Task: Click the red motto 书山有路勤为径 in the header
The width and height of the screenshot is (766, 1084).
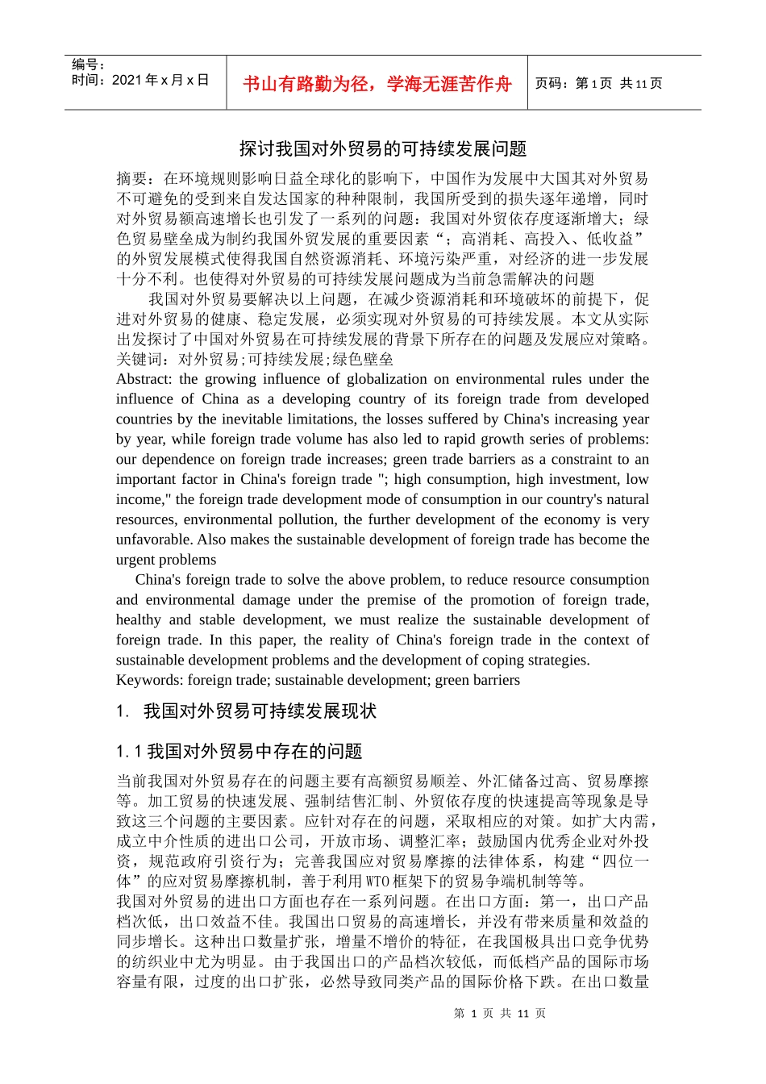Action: tap(310, 84)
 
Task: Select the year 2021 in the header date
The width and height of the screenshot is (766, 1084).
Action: tap(127, 80)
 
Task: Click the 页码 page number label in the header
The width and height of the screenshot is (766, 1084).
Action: tap(552, 84)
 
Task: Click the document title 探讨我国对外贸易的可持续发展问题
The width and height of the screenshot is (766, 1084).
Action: tap(383, 148)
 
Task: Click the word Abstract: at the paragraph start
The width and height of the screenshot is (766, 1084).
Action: tap(144, 379)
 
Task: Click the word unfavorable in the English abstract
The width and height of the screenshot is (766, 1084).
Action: tap(153, 540)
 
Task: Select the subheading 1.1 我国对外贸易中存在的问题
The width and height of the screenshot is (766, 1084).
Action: tap(239, 751)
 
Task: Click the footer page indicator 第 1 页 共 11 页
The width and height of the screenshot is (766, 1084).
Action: tap(500, 1013)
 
